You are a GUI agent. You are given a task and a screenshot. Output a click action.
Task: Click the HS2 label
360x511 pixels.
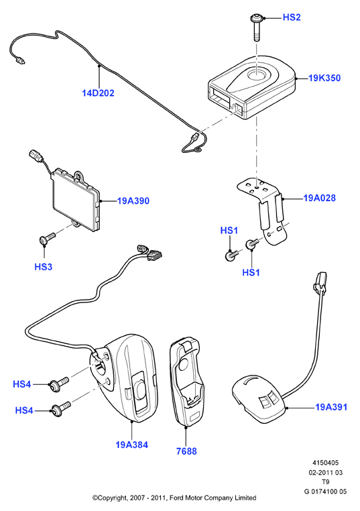click(x=291, y=17)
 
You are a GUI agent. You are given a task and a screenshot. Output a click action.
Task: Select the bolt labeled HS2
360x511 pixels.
click(x=257, y=27)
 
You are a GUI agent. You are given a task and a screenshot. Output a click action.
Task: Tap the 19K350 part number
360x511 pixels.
click(x=324, y=78)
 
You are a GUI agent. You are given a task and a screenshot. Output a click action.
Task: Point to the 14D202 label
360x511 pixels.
click(x=98, y=93)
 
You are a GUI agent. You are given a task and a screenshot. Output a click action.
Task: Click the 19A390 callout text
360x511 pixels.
click(x=133, y=201)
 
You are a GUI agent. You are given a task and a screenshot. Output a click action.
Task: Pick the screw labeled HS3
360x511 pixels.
click(x=47, y=239)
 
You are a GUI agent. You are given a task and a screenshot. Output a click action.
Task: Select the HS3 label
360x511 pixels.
click(x=44, y=267)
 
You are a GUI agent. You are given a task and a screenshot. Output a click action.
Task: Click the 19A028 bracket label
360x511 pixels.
click(x=319, y=198)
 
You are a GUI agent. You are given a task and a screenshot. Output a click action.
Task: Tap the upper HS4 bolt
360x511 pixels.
click(x=58, y=384)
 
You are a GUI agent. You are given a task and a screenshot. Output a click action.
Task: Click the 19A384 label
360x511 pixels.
click(x=131, y=445)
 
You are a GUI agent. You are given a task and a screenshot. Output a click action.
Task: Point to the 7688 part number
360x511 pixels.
click(x=186, y=451)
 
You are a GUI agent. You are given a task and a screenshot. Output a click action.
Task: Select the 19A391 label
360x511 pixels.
click(x=331, y=407)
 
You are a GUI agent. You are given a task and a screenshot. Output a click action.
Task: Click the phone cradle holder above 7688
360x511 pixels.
click(x=186, y=382)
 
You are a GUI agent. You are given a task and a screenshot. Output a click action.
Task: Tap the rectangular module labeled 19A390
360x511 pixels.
click(x=76, y=199)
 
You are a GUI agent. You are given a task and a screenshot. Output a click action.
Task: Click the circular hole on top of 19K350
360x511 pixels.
click(x=257, y=74)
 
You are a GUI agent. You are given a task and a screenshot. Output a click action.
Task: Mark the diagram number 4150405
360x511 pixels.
click(x=325, y=463)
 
